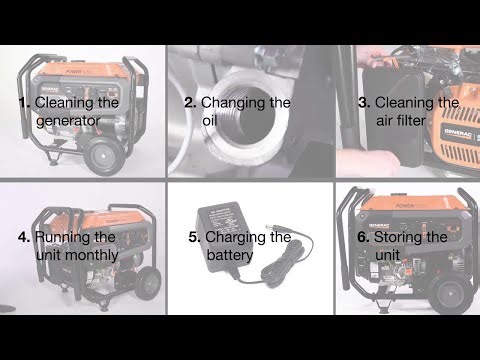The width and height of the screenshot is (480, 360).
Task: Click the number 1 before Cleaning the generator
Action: (x=24, y=102)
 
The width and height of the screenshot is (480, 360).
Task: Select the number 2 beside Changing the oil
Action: (x=189, y=102)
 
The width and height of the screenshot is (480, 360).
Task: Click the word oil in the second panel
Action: (x=209, y=121)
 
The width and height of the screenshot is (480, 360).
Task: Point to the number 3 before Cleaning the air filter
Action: (x=365, y=102)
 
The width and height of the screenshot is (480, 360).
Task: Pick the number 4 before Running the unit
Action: (x=23, y=237)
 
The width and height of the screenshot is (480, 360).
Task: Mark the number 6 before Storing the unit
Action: (x=363, y=237)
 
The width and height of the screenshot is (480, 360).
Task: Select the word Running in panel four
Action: (x=65, y=237)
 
